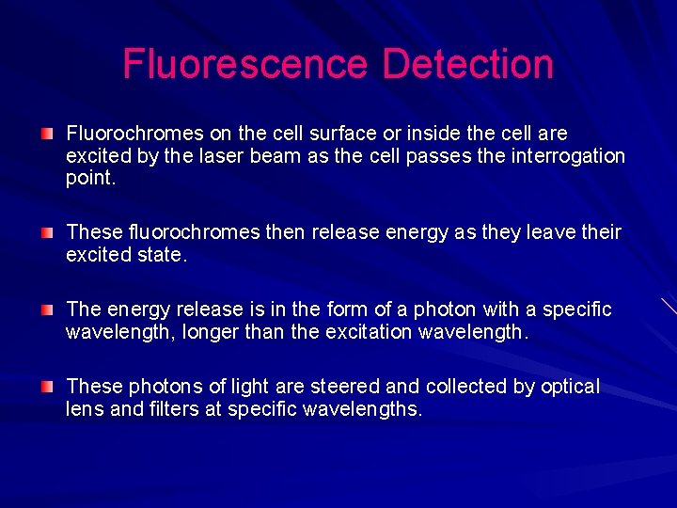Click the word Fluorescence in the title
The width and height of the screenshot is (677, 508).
(245, 64)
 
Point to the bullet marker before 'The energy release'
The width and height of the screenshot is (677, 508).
(48, 310)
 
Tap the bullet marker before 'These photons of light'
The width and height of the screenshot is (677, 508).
(48, 387)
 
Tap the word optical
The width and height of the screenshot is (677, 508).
(567, 387)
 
